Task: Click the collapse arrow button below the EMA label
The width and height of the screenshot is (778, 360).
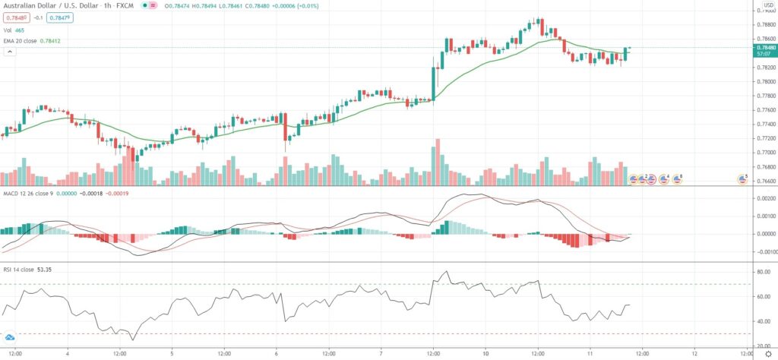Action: [10, 52]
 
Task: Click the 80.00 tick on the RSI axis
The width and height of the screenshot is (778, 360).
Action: [759, 270]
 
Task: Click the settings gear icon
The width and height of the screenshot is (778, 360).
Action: [767, 354]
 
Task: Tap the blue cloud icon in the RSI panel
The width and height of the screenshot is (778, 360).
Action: [10, 336]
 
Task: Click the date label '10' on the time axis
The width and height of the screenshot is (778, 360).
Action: [485, 353]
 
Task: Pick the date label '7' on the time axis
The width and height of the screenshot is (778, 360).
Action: [381, 353]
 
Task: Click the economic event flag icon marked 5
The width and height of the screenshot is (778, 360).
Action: [742, 179]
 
